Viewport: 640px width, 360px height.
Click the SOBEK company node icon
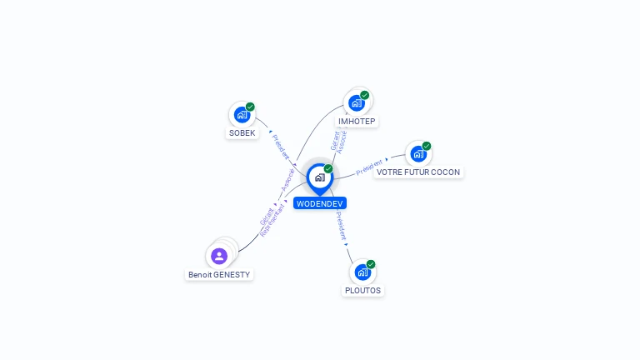(242, 114)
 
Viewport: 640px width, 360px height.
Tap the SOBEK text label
(242, 133)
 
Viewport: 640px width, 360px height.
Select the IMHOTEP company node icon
(357, 102)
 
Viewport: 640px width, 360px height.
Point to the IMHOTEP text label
(357, 122)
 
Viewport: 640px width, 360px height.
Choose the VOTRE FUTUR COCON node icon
(417, 153)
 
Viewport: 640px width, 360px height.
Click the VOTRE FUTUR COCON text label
(418, 172)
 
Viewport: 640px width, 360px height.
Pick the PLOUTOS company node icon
(362, 272)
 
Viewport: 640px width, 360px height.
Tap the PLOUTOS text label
(362, 291)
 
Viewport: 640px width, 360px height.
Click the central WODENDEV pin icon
(319, 177)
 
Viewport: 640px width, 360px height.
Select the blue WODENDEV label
(319, 203)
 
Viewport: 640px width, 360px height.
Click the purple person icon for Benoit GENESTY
(219, 256)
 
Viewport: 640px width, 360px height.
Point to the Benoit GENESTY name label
(219, 275)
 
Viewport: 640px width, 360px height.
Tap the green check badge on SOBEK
(250, 107)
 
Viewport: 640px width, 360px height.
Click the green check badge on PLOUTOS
(371, 264)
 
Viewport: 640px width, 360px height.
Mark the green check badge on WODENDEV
(328, 169)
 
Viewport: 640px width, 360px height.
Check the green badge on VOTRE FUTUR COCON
(427, 146)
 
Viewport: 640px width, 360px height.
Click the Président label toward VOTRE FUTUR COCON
(369, 167)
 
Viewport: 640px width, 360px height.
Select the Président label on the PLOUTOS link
(341, 227)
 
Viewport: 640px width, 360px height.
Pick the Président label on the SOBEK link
(282, 147)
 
